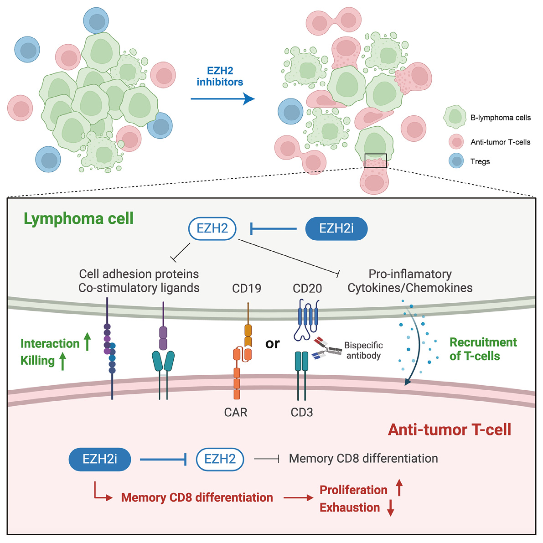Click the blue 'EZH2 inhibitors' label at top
(220, 77)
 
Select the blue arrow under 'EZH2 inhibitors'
(222, 98)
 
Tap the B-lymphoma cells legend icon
(455, 117)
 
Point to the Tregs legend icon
(456, 161)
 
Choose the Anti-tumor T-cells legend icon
(456, 142)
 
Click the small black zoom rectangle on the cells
(376, 160)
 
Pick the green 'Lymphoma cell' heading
(78, 218)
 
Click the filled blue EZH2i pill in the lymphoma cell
(336, 228)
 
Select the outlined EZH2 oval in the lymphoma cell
(212, 228)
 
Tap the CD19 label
(247, 288)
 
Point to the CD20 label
(307, 288)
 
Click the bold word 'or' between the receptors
(272, 343)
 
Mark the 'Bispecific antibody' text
(363, 350)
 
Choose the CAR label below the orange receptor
(236, 412)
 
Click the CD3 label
(302, 412)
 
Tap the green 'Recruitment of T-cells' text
(483, 349)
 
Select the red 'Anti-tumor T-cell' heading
(449, 429)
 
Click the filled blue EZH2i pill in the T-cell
(100, 459)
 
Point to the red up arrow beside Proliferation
(399, 487)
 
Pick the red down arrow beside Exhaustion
(391, 507)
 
